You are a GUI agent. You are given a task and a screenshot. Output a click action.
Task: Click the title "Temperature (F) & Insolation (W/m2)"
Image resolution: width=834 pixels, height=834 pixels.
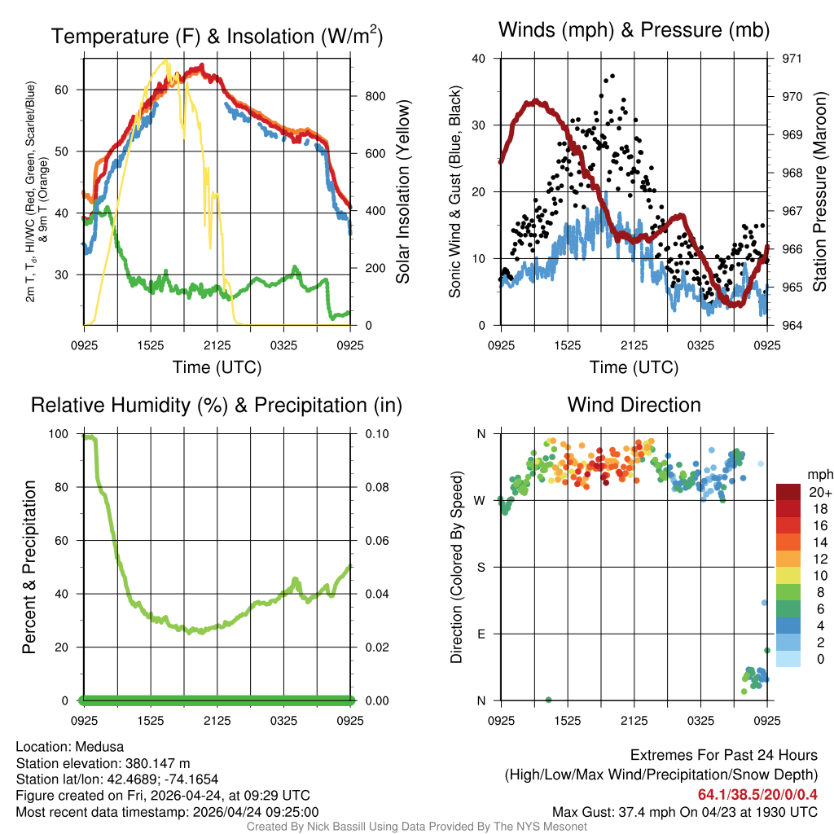(x=217, y=36)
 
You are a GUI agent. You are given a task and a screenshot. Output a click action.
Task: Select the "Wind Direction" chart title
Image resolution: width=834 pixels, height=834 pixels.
(x=634, y=405)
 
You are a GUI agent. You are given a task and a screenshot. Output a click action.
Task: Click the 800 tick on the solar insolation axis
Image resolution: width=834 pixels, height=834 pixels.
(x=365, y=96)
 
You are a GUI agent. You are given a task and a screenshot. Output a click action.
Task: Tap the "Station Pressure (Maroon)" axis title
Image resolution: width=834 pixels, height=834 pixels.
(x=820, y=191)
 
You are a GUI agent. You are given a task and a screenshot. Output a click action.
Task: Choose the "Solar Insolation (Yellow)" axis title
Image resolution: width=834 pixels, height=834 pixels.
(x=402, y=191)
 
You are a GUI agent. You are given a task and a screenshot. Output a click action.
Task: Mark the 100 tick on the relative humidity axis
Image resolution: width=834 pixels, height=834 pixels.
(x=60, y=434)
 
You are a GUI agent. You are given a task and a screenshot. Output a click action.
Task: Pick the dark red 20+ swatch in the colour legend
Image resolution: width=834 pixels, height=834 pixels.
(x=788, y=492)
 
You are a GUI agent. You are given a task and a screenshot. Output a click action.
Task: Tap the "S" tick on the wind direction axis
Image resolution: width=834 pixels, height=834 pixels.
(x=481, y=568)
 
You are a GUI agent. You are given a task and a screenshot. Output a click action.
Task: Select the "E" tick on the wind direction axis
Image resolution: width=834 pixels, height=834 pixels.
(x=481, y=634)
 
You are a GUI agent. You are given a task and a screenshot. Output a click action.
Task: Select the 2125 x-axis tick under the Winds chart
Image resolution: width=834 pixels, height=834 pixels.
(x=634, y=345)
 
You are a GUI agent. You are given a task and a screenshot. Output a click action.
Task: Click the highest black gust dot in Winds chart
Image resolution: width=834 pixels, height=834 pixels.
(x=612, y=77)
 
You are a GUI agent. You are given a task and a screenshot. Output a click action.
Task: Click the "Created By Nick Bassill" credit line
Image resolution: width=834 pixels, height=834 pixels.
(x=416, y=827)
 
